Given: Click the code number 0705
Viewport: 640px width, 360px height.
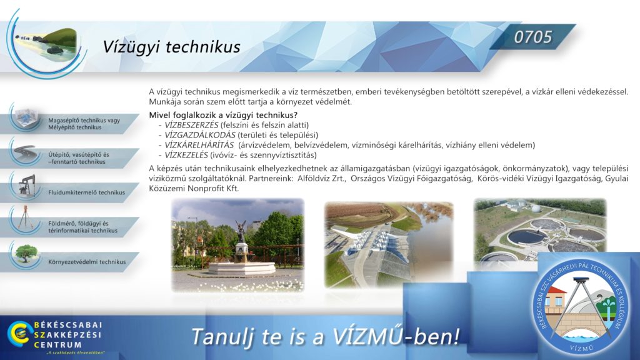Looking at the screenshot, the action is [x=532, y=37].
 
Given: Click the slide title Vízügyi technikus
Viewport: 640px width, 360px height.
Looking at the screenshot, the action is [x=171, y=47].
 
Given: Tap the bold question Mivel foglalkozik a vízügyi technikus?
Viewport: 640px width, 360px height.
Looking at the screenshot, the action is [x=223, y=115].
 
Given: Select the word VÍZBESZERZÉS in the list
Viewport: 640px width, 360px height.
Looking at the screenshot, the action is [x=191, y=125].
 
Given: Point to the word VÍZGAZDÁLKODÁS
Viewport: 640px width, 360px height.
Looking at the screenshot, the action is [x=200, y=135].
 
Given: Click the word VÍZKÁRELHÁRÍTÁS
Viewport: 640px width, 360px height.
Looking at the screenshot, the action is [x=199, y=145].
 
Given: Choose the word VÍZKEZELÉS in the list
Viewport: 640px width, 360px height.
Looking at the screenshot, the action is [x=186, y=155].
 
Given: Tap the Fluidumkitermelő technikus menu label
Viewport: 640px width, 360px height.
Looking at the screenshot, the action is [x=86, y=192].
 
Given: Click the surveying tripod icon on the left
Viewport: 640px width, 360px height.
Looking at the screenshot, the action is [x=25, y=217].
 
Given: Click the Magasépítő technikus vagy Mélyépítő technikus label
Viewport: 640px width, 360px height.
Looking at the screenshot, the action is [x=84, y=124].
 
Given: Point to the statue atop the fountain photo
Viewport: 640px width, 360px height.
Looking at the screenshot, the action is [x=241, y=231].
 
